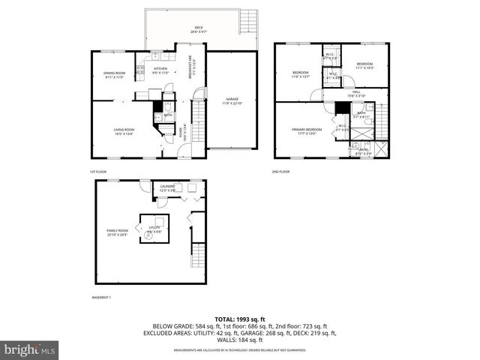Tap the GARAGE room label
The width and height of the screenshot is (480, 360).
[231, 100]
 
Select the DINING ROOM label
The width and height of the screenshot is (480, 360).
[114, 74]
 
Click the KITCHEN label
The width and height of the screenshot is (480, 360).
[160, 70]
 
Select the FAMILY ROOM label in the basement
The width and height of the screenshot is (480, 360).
[118, 232]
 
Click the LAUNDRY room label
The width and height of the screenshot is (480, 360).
[167, 188]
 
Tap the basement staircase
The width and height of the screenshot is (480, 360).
[198, 259]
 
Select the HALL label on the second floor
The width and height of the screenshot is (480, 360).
[355, 93]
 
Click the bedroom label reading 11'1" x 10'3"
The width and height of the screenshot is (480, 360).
[364, 66]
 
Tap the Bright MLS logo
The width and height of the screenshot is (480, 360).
[28, 349]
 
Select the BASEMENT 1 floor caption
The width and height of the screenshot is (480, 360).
[100, 298]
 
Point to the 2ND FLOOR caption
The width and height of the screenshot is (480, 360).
[280, 172]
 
